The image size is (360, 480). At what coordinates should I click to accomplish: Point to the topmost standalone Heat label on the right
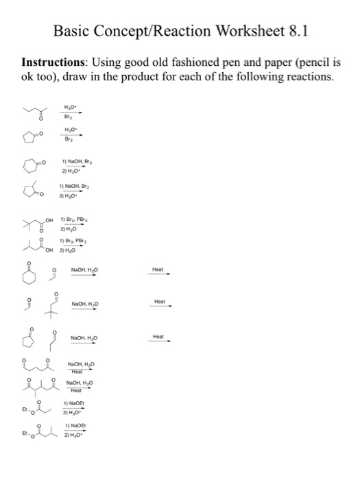click(158, 270)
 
